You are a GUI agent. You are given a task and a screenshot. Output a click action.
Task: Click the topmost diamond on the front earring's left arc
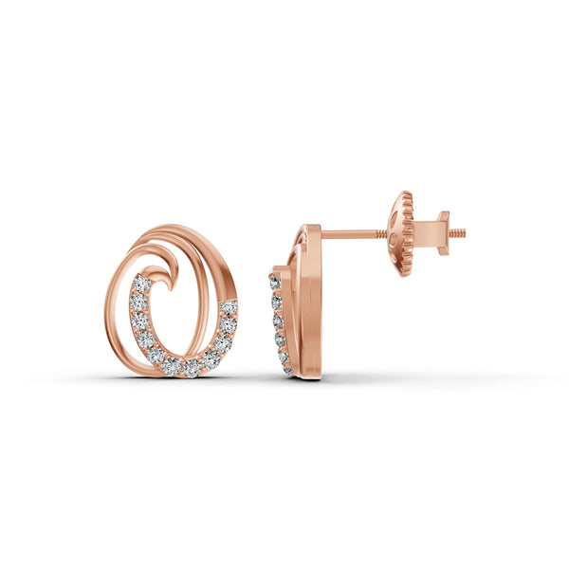[x=141, y=284]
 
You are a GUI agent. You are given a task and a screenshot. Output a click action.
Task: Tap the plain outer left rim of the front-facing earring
[x=108, y=313]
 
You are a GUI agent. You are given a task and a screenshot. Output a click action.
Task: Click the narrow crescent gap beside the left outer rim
[x=121, y=303]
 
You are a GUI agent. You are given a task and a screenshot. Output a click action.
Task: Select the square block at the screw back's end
[x=442, y=231]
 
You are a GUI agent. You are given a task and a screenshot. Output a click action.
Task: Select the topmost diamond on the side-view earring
[x=275, y=282]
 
